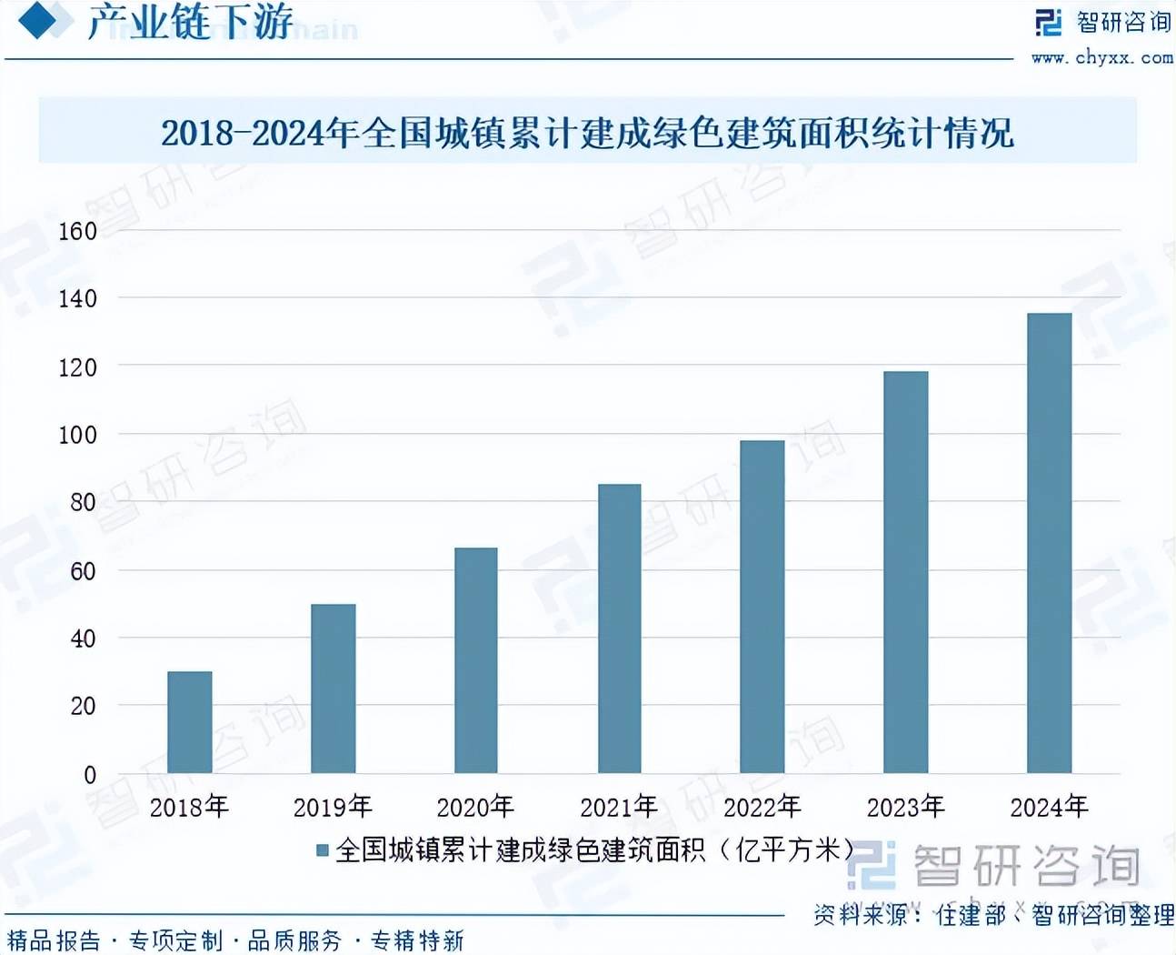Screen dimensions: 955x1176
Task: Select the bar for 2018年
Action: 190,722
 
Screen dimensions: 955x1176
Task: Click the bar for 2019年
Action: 333,689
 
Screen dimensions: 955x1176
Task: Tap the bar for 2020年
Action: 476,660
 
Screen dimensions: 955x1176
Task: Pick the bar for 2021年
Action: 619,628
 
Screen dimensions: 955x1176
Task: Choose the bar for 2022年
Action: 762,607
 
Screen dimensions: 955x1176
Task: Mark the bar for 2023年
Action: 905,572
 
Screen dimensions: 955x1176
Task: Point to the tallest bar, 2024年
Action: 1049,543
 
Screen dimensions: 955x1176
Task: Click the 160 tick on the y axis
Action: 77,231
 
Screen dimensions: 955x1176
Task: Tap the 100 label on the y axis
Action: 77,435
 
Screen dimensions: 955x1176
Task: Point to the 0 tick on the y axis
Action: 89,775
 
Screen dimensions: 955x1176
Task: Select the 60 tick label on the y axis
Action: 83,571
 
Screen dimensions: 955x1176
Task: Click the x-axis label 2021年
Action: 619,807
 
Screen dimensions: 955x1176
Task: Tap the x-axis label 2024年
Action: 1049,807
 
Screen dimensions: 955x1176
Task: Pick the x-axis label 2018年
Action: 189,807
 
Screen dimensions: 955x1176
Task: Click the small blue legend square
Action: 322,850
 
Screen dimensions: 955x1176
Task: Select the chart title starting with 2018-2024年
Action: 587,133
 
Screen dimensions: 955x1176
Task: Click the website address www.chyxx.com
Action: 1101,57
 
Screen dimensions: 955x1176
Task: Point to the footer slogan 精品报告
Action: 55,940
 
